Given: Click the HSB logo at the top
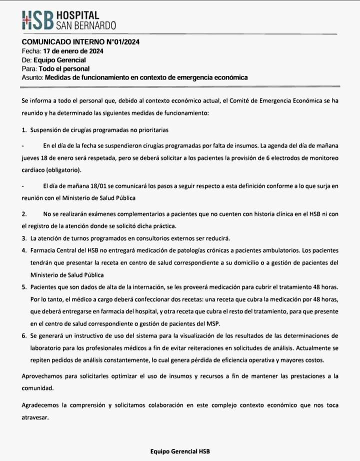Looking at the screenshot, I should [x=38, y=19].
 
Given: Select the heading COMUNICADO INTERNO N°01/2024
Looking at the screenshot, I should [x=80, y=42].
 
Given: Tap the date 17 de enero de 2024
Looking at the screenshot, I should [x=73, y=51].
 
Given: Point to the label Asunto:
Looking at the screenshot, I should [x=32, y=77].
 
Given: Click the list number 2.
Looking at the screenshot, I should [x=24, y=213].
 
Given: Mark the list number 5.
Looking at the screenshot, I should [x=24, y=287].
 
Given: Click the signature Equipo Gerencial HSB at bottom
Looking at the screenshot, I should [x=180, y=450].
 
